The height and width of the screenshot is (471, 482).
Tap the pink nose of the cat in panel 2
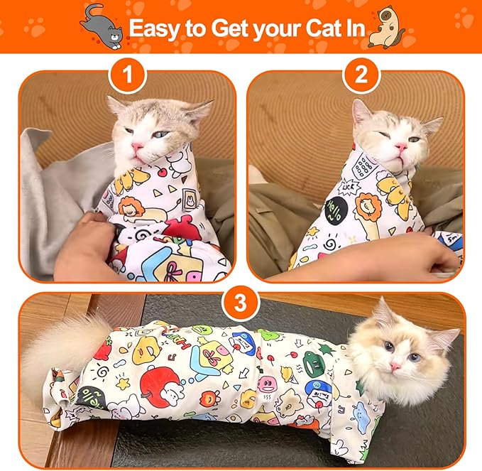(x=401, y=146)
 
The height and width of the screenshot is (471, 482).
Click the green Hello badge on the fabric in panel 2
(x=334, y=211)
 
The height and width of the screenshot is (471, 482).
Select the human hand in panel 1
(x=92, y=245)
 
